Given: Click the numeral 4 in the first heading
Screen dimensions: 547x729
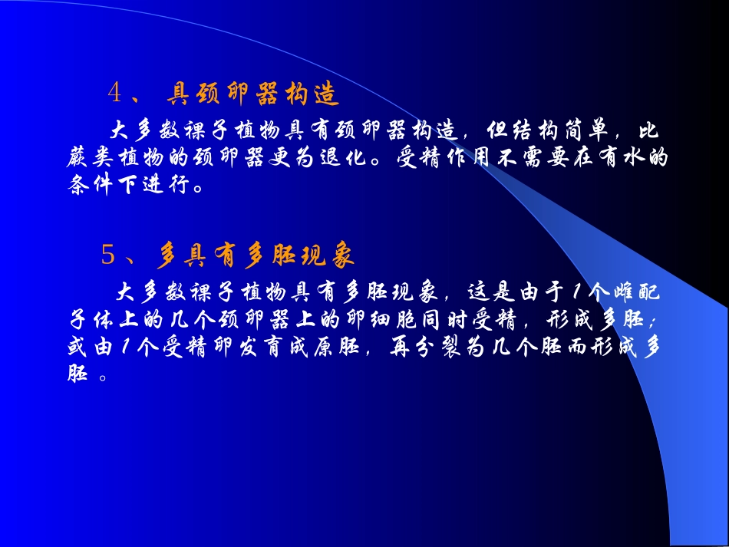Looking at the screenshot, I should click(116, 94).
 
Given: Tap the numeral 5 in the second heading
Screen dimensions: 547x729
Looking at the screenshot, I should click(109, 254).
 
